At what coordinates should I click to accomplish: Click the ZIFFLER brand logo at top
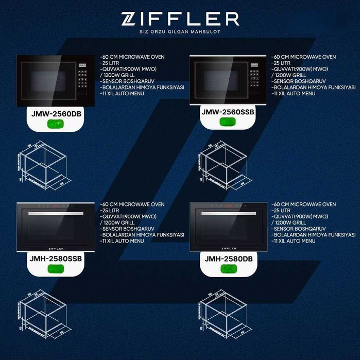[180, 19]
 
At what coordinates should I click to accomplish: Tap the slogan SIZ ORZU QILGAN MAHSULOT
[180, 36]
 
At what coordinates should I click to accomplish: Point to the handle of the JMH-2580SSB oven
[56, 212]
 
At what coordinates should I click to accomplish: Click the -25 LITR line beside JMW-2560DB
[111, 63]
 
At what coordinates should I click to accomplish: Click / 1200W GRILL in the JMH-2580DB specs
[289, 222]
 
